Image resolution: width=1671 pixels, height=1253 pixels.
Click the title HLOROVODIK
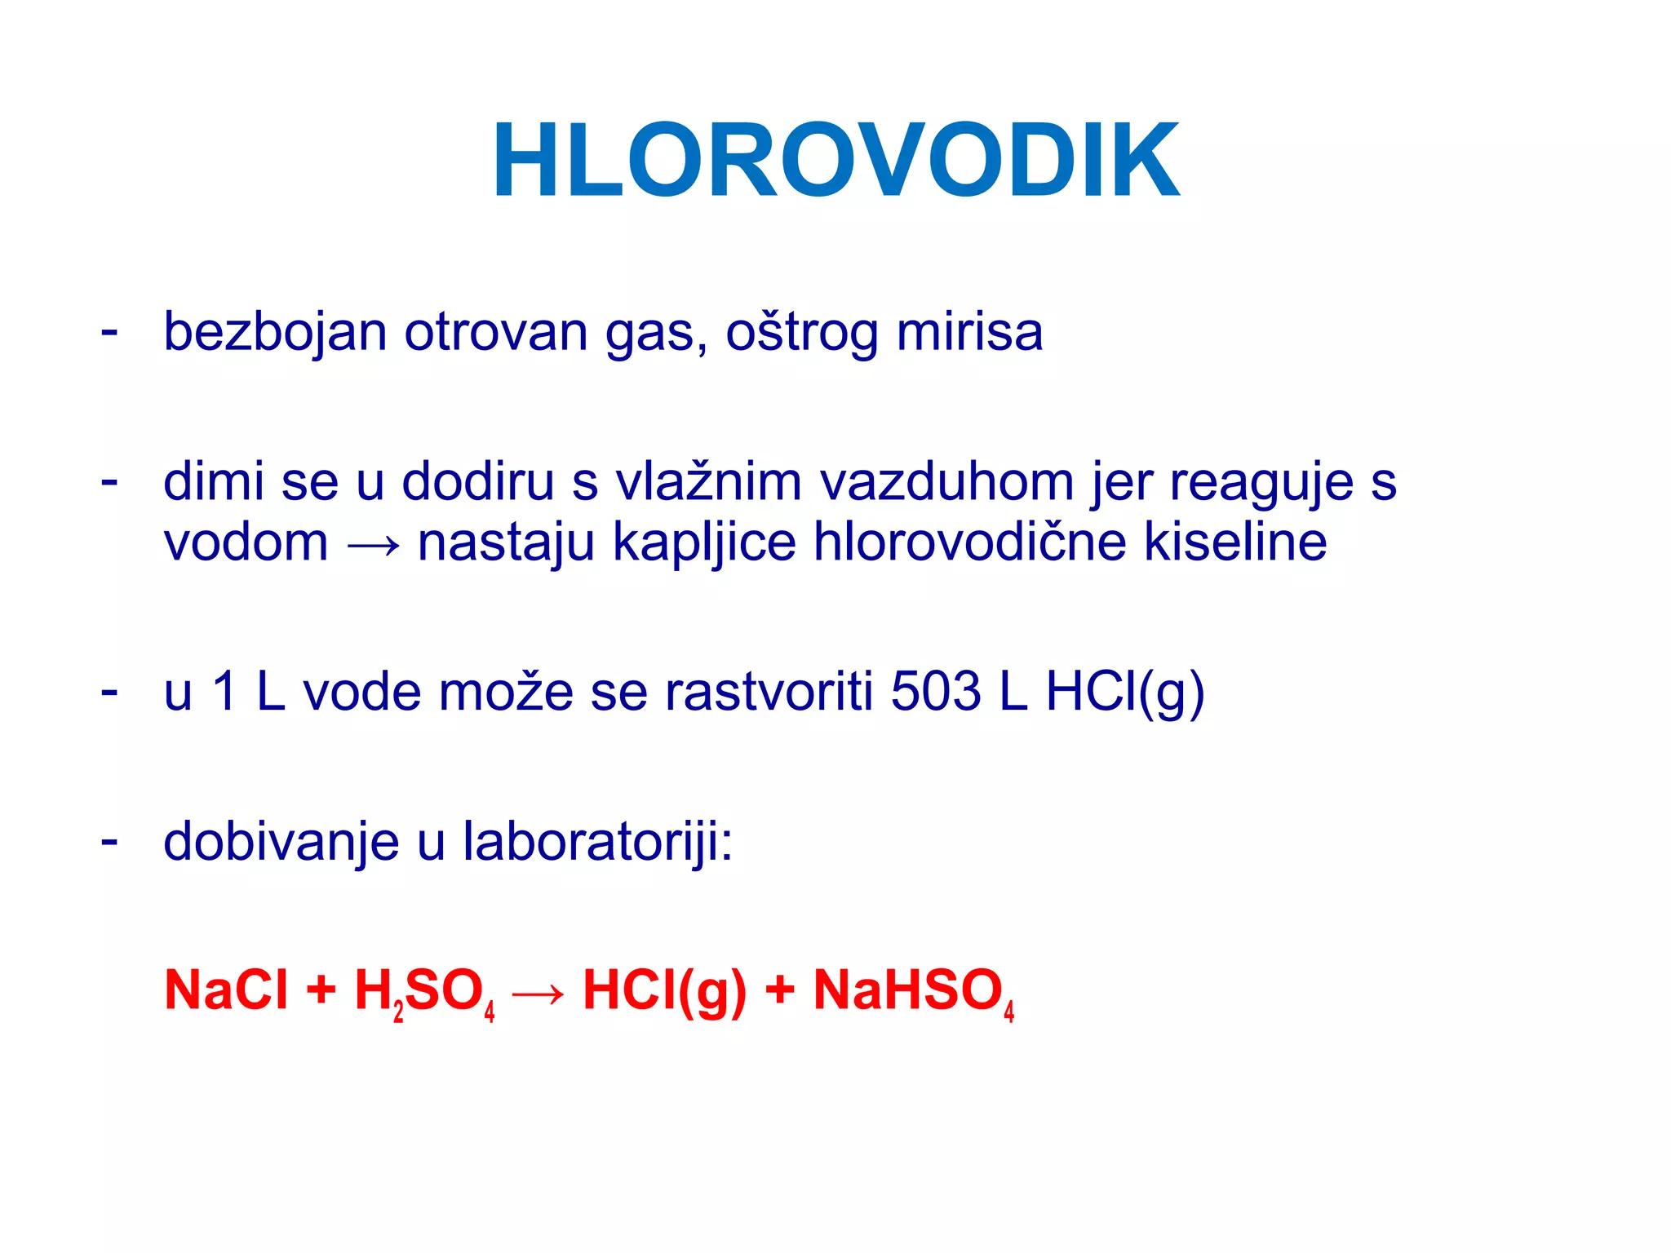[x=835, y=161]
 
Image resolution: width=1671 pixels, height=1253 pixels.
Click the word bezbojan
[x=275, y=333]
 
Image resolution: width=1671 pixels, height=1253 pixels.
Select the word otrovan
[x=496, y=333]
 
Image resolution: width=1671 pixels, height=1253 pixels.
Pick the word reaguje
[x=1261, y=483]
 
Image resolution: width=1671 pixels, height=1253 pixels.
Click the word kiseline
[x=1235, y=542]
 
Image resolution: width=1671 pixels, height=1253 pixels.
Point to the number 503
[x=935, y=692]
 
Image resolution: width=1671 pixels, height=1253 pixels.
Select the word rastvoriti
[x=769, y=692]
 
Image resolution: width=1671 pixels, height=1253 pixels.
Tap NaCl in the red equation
[x=226, y=990]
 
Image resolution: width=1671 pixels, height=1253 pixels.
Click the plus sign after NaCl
[x=321, y=990]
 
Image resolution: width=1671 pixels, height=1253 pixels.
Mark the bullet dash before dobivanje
[x=109, y=840]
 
